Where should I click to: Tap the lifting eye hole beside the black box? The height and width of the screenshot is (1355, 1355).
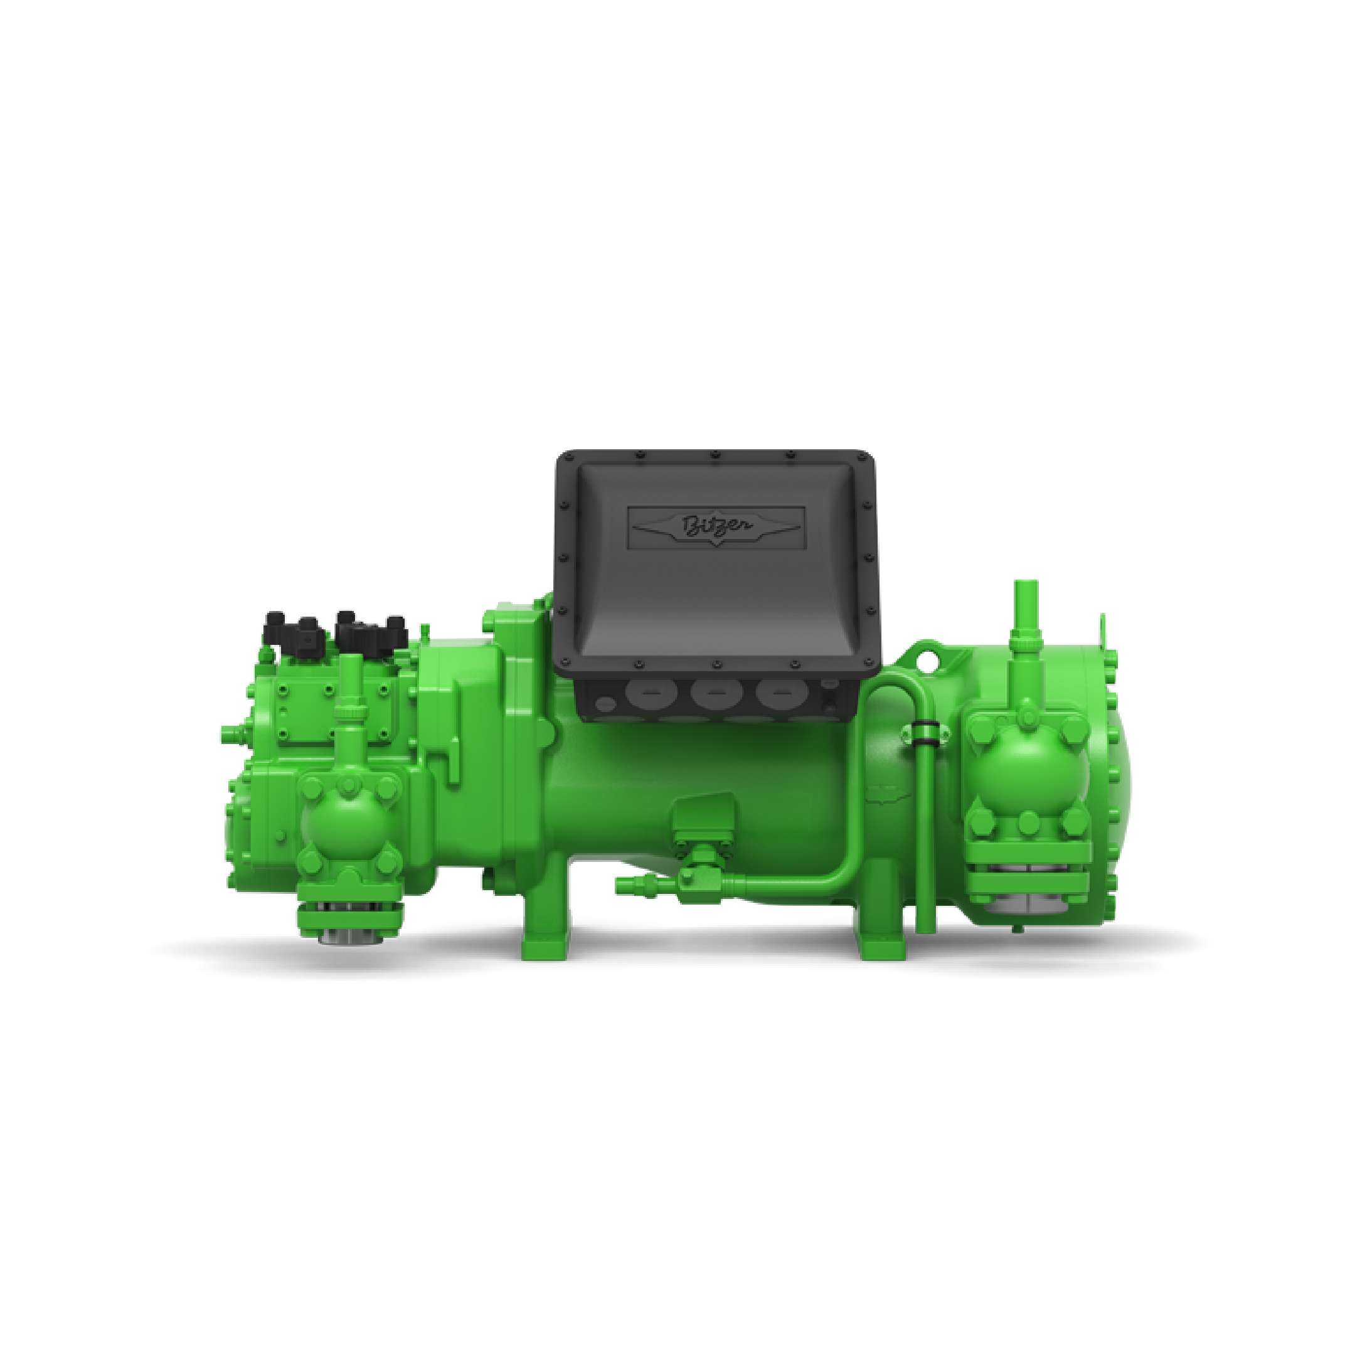[x=930, y=659]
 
